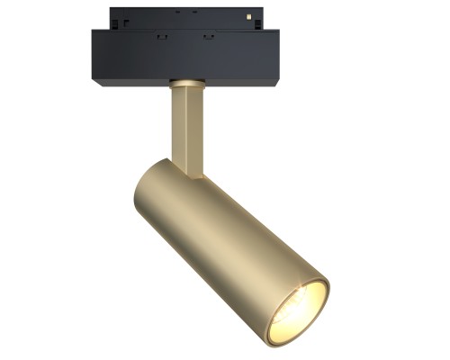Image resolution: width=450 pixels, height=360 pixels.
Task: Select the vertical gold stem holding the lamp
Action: click(187, 126)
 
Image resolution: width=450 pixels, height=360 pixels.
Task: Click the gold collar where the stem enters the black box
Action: click(186, 84)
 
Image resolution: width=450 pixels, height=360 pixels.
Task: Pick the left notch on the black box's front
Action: click(161, 37)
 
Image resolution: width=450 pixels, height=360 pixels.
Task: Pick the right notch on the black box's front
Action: click(209, 37)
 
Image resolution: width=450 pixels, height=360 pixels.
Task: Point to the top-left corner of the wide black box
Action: click(93, 32)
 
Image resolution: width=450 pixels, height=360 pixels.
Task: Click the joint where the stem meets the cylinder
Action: click(190, 171)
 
